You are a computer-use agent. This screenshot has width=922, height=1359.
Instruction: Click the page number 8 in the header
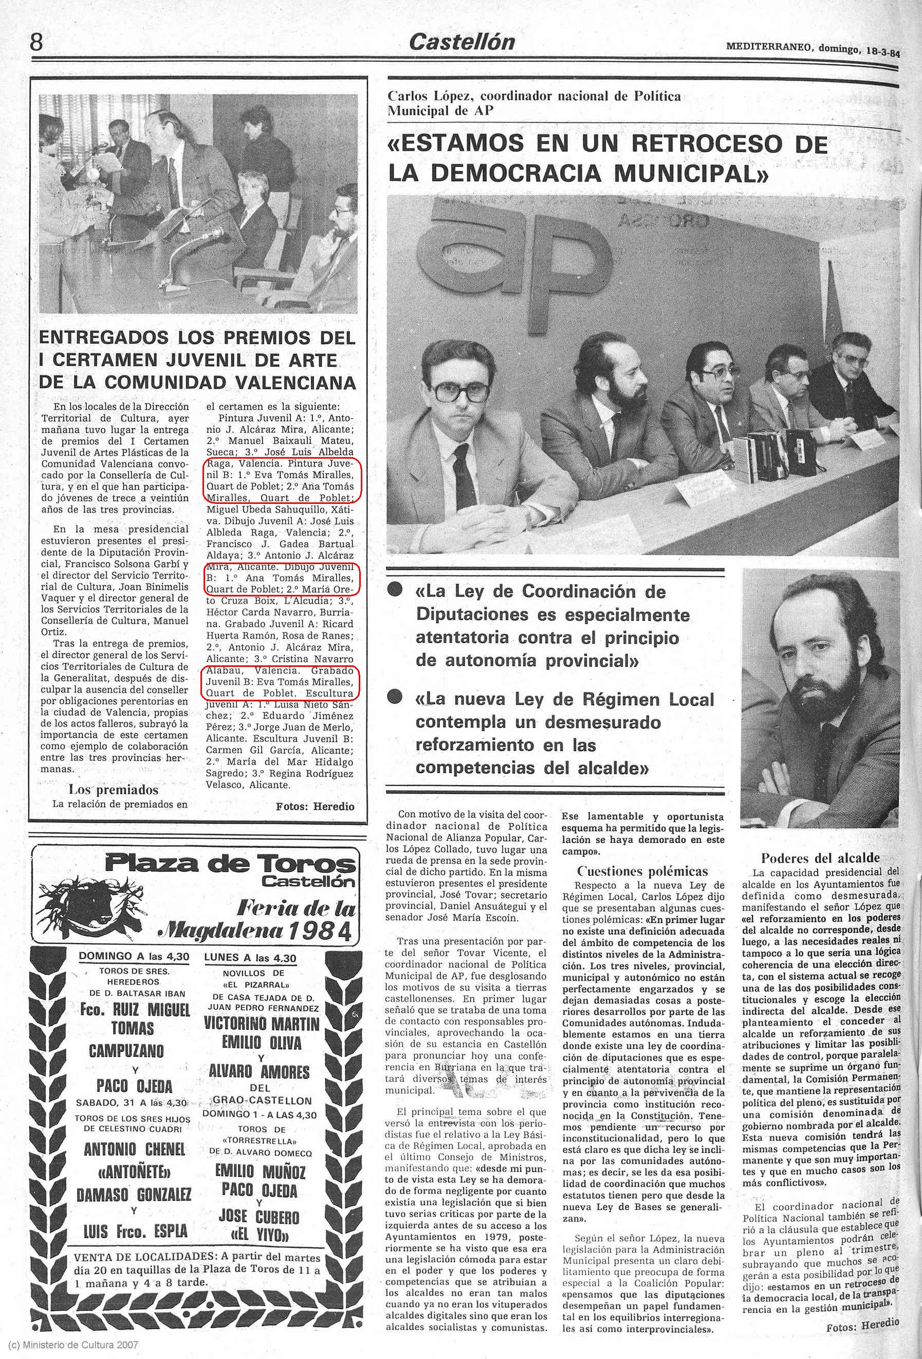(36, 42)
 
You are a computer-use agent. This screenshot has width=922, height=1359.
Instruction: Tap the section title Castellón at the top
(462, 42)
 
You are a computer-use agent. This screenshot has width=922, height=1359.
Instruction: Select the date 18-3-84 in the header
(883, 51)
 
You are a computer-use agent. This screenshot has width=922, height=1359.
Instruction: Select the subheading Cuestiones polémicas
(642, 872)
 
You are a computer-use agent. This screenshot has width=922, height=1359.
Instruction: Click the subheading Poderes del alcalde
(820, 858)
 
